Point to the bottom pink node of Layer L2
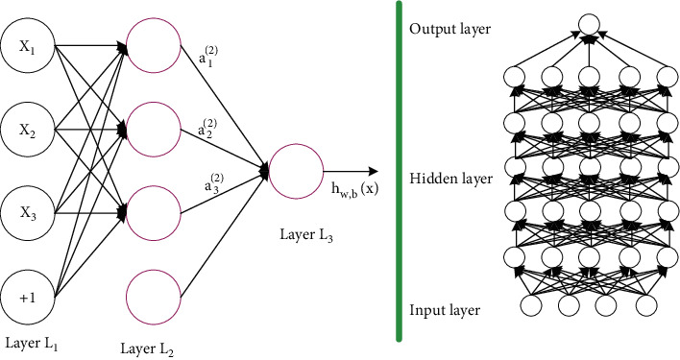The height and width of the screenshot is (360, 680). (153, 294)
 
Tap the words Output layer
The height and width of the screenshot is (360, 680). (450, 29)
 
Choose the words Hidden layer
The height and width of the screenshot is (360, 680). (450, 179)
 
